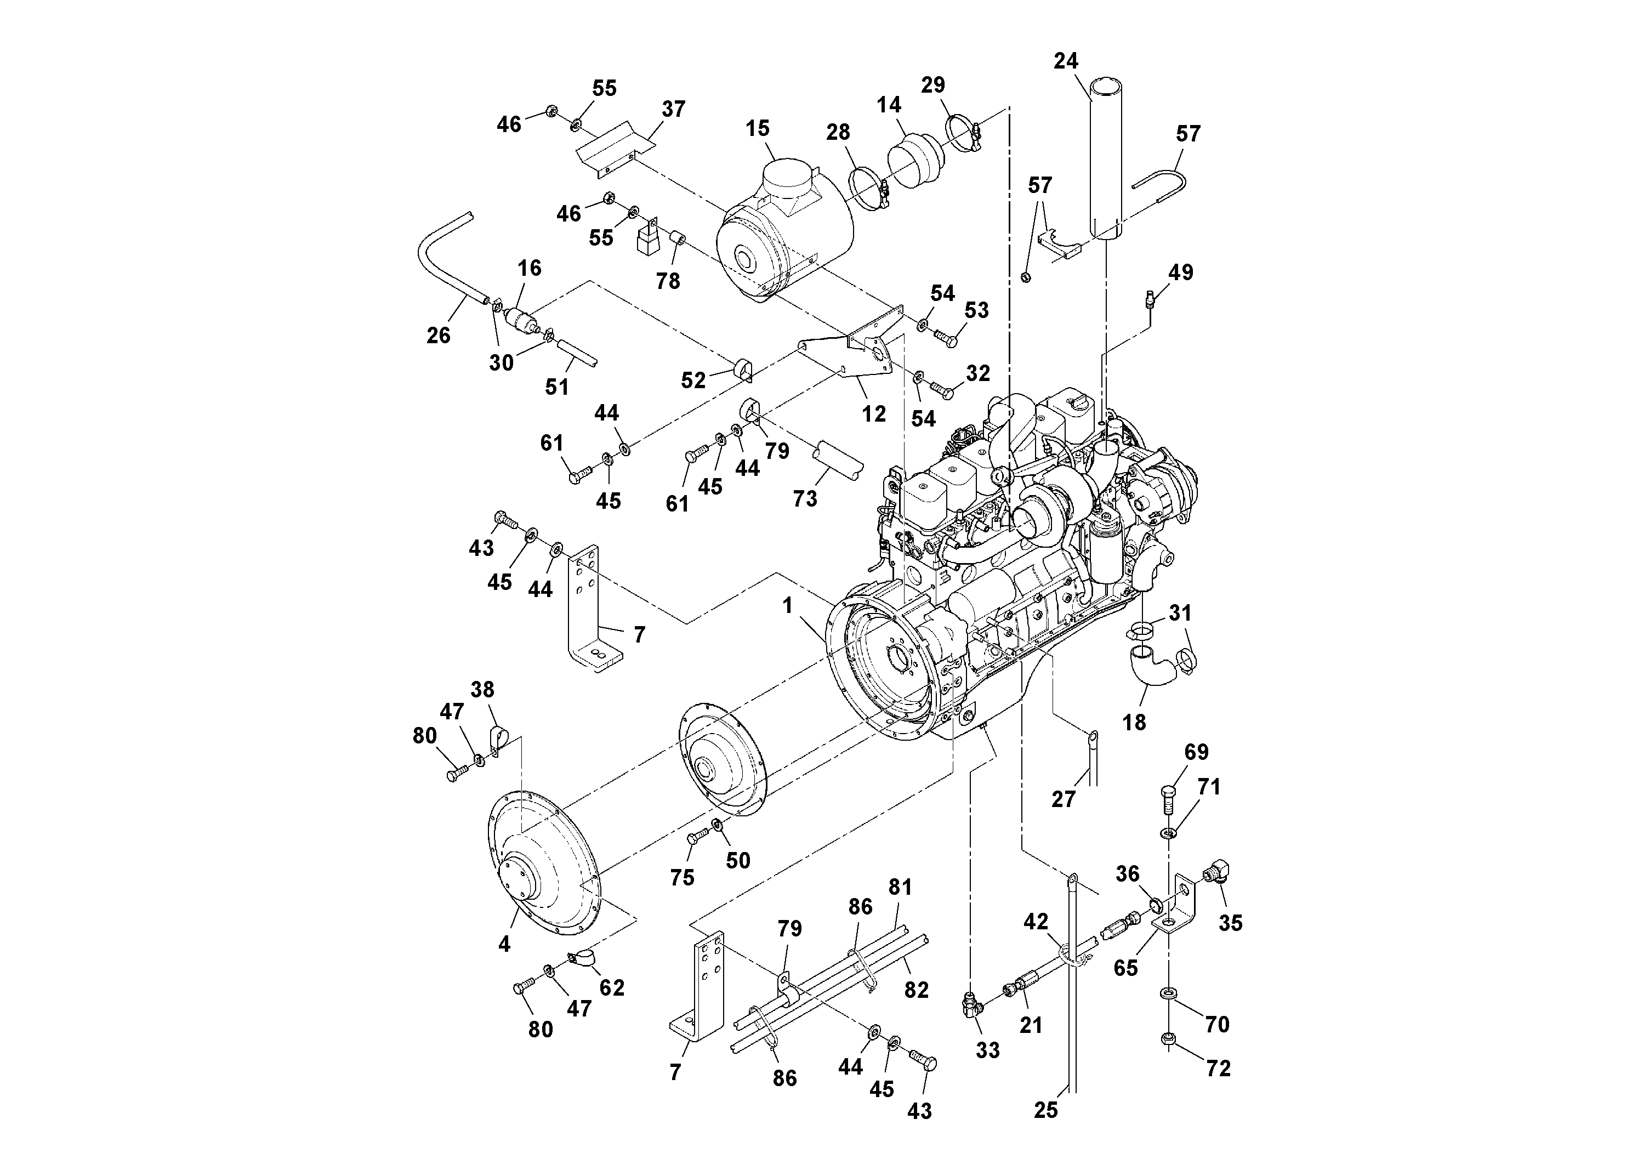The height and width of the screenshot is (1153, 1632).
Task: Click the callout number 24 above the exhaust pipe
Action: pyautogui.click(x=1066, y=62)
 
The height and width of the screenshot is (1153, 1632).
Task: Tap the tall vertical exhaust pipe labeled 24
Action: pyautogui.click(x=1107, y=163)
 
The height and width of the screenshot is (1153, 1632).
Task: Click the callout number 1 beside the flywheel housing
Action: pyautogui.click(x=787, y=606)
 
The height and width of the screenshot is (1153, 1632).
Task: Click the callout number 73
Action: pyautogui.click(x=805, y=499)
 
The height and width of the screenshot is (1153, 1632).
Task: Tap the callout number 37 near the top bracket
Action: pyautogui.click(x=673, y=110)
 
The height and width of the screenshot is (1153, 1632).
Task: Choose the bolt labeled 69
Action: pyautogui.click(x=1169, y=796)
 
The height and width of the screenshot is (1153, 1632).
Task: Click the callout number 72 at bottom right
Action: pyautogui.click(x=1218, y=1069)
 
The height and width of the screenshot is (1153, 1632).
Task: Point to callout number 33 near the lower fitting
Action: pyautogui.click(x=987, y=1050)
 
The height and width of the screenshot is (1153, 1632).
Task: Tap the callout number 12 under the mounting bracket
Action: pyautogui.click(x=874, y=414)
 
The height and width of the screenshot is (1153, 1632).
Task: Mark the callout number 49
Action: pyautogui.click(x=1181, y=273)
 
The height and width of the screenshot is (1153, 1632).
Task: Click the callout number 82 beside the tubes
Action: pyautogui.click(x=916, y=990)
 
